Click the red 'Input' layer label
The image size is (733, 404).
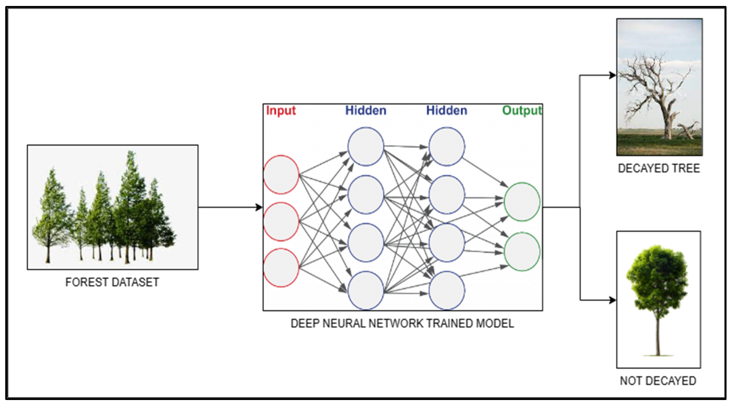pyautogui.click(x=281, y=110)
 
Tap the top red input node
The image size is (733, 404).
pyautogui.click(x=281, y=174)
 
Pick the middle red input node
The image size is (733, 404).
pyautogui.click(x=281, y=222)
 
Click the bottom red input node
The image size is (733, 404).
pyautogui.click(x=281, y=268)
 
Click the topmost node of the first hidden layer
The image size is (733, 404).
pyautogui.click(x=366, y=146)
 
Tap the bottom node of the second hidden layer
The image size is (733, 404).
pyautogui.click(x=446, y=290)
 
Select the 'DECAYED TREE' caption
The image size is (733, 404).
pyautogui.click(x=659, y=168)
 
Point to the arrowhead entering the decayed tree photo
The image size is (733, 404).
pyautogui.click(x=612, y=75)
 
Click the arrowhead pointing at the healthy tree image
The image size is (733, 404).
pyautogui.click(x=612, y=300)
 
